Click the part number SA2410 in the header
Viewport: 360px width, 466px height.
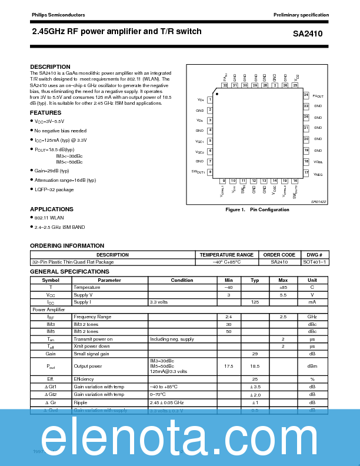(307, 34)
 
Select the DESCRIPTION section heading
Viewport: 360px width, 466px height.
(50, 66)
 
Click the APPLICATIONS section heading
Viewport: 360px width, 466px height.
(52, 209)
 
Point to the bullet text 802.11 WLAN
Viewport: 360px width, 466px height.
(49, 218)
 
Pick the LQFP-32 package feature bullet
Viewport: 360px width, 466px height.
(54, 189)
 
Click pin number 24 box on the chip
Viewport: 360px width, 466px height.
(306, 95)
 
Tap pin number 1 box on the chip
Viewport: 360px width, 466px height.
(209, 100)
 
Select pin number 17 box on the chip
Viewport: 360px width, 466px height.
(306, 172)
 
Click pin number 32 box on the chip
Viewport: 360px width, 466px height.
(225, 85)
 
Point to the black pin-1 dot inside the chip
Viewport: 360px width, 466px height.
(216, 93)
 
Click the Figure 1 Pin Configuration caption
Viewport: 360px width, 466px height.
(258, 209)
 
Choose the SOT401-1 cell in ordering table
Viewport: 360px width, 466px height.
(315, 262)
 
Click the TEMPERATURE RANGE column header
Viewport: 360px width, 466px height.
(226, 255)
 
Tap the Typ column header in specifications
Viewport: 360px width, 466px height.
(255, 280)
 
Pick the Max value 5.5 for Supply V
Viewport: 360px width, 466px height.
(283, 294)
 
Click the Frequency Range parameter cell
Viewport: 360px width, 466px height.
(92, 317)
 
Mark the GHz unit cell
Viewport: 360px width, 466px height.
(312, 317)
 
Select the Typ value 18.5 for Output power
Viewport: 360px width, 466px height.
(255, 366)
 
